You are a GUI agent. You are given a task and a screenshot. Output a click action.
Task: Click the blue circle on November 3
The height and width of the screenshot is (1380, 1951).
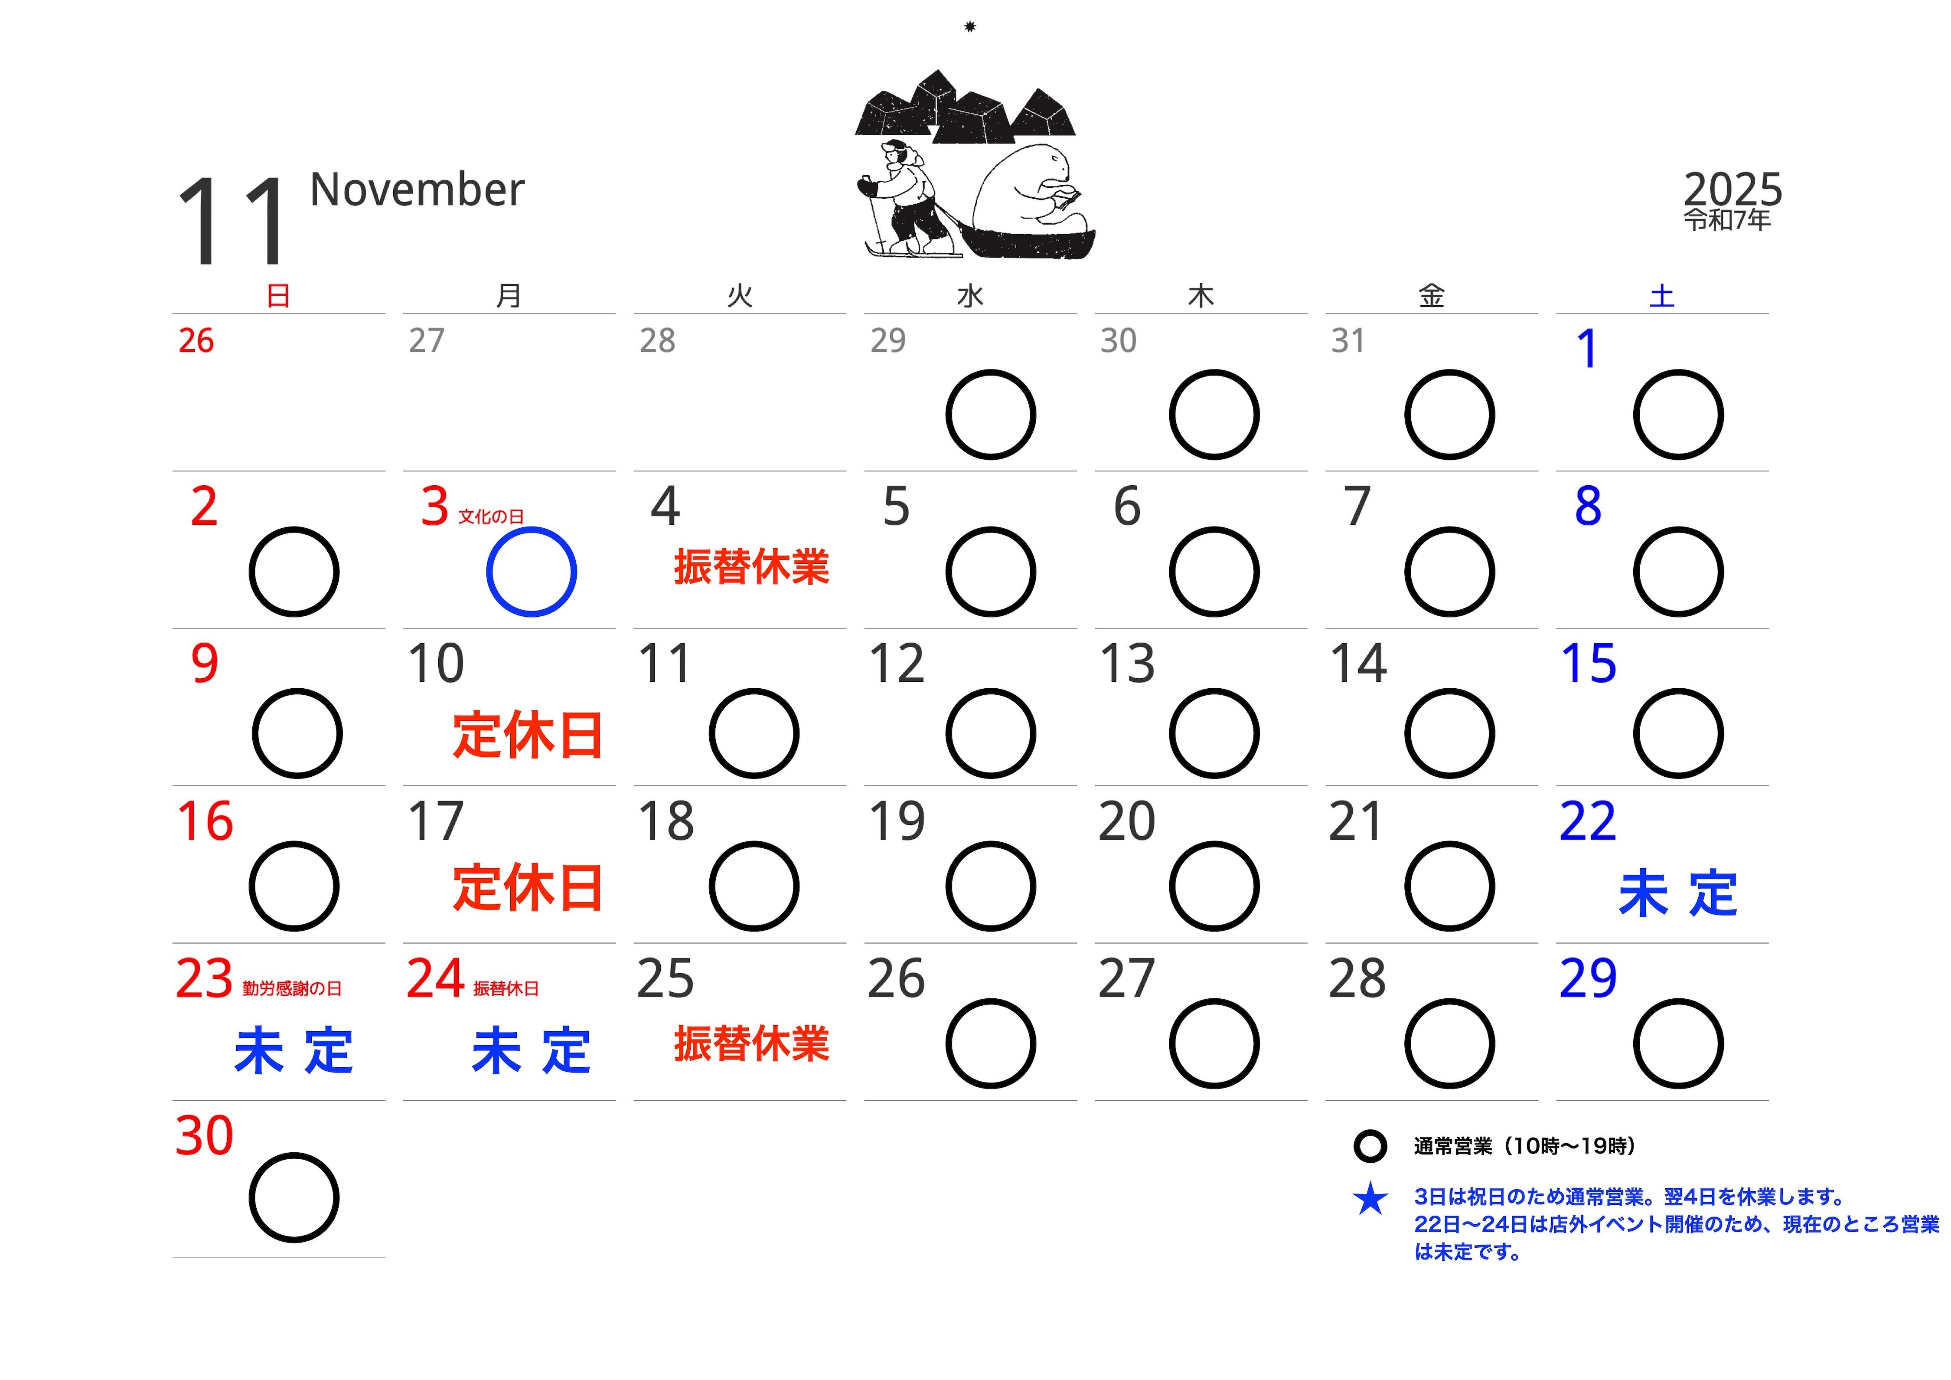531,572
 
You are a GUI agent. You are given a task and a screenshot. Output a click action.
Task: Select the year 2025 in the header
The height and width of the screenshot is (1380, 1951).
1732,189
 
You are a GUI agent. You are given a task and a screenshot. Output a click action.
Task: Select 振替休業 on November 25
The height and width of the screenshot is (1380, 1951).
751,1044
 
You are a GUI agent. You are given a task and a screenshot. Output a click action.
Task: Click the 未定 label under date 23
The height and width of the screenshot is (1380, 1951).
293,1051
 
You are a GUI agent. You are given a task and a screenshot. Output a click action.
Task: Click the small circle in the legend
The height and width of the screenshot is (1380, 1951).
1370,1146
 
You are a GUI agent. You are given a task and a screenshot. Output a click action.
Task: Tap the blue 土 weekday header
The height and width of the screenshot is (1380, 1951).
1661,296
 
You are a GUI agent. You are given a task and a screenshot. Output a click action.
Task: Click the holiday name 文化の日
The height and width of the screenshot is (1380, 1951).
491,517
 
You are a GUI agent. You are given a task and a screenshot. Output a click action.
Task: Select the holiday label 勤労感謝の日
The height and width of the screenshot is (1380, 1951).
291,988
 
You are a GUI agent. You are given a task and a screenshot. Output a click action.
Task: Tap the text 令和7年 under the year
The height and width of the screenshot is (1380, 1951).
1727,220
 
